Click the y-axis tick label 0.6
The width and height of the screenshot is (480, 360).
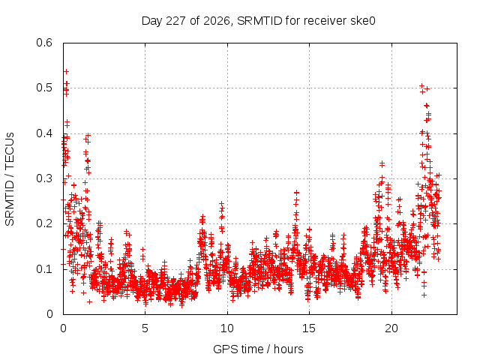[44, 43]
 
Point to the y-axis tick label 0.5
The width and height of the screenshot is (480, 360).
[44, 88]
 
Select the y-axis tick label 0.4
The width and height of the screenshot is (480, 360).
[44, 133]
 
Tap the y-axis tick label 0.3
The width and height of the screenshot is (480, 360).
[44, 178]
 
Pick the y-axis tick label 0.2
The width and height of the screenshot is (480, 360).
[44, 223]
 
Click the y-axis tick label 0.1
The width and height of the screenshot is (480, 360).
[44, 269]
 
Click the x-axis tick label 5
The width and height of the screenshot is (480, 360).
[145, 328]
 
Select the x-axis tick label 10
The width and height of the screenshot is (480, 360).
[226, 328]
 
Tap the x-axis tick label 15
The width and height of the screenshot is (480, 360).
[309, 328]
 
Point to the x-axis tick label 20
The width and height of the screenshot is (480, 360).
[391, 328]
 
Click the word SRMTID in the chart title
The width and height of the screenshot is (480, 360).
[259, 21]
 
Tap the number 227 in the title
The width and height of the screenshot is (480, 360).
[175, 21]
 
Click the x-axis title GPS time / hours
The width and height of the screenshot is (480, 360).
[258, 349]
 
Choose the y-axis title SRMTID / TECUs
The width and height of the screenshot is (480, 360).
[10, 179]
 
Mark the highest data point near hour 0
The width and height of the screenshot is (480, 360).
[66, 72]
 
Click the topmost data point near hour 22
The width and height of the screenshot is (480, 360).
[421, 85]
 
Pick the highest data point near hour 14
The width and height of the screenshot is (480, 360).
[296, 193]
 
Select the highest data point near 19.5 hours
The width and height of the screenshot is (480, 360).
[382, 163]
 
